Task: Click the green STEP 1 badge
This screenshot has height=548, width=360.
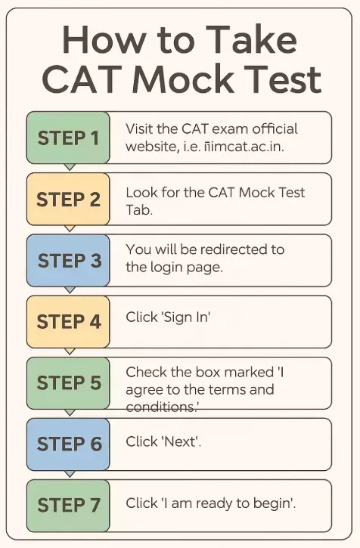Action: (68, 138)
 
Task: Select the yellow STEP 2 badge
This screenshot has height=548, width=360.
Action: (68, 200)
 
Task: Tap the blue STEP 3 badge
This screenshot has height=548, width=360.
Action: (68, 261)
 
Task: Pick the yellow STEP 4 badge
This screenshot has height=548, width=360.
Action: (68, 322)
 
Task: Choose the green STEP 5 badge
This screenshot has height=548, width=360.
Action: (68, 383)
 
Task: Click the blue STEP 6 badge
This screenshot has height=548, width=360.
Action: (68, 444)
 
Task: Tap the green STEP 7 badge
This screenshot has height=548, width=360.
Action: (68, 506)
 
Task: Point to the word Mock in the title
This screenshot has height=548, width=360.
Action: (182, 79)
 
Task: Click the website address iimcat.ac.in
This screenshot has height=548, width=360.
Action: (242, 147)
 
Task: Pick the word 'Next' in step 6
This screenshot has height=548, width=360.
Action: (180, 441)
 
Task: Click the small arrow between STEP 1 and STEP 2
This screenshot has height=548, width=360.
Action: (70, 167)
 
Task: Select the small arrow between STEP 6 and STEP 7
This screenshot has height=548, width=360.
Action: (70, 474)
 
